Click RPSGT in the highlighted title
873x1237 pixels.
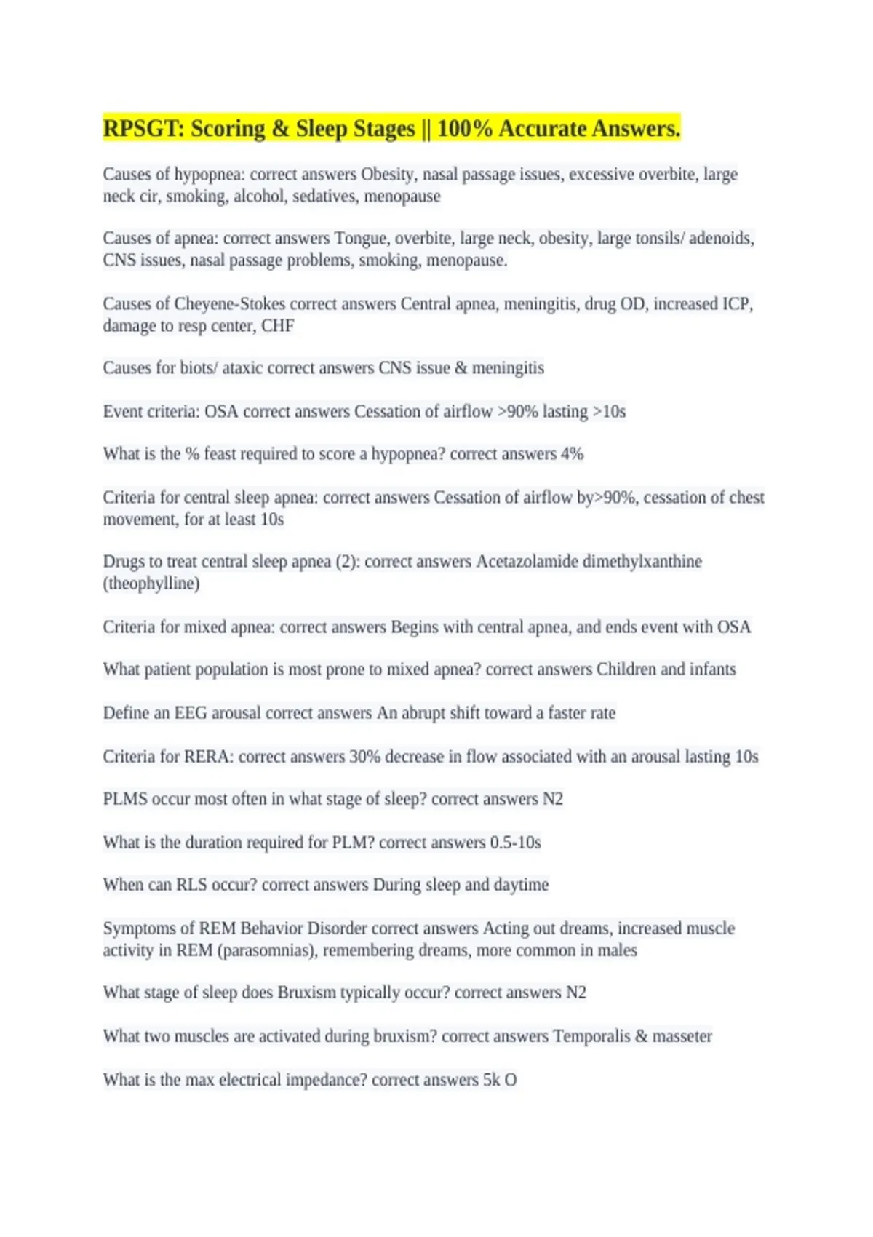[143, 129]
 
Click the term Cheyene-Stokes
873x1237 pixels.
[229, 304]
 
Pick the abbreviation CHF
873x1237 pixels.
[277, 326]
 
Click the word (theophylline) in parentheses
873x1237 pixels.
[151, 584]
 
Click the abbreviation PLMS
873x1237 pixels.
[125, 799]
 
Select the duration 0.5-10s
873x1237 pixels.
[515, 843]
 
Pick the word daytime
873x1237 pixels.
[521, 885]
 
